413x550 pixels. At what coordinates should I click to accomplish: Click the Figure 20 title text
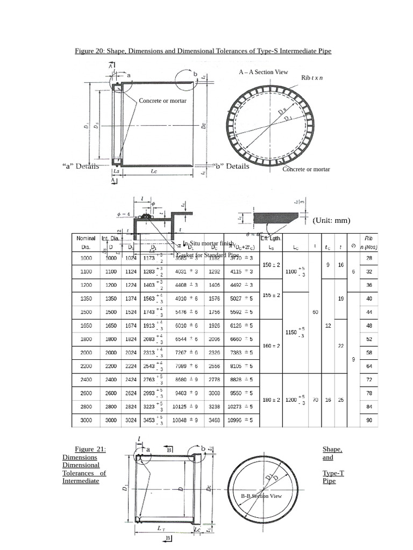pos(203,51)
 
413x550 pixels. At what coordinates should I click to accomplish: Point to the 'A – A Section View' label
pos(264,72)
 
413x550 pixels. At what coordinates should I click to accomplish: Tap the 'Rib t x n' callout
pos(312,78)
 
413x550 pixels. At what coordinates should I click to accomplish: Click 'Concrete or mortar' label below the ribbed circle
pos(306,169)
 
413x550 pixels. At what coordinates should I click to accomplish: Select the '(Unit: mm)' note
pos(331,220)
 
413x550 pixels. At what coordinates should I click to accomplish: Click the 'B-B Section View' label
pos(261,496)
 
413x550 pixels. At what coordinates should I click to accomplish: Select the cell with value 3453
pos(147,420)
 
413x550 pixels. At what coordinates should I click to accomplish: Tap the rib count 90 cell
pos(369,420)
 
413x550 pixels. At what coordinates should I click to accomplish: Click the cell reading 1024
pos(131,258)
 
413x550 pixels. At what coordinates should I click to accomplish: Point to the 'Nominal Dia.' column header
pos(86,243)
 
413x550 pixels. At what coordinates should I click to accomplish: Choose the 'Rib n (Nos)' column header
pos(368,243)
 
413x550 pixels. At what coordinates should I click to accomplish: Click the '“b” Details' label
pos(231,166)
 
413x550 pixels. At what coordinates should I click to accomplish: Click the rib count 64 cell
pos(369,366)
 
